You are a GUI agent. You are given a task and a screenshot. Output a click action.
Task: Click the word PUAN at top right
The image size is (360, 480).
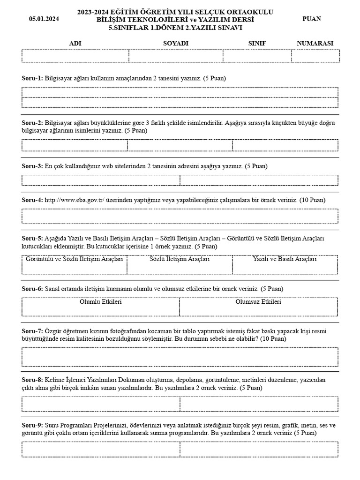(x=312, y=19)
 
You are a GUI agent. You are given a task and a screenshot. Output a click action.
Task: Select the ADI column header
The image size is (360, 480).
(x=75, y=43)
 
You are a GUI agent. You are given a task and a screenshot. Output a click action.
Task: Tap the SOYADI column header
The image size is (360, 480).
(x=175, y=43)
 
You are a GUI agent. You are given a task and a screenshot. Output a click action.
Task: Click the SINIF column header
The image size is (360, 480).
(x=257, y=43)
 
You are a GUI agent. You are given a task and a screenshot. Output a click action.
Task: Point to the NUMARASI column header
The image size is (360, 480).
(x=315, y=43)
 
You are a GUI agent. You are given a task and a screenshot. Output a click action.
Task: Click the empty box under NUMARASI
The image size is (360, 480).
(x=315, y=56)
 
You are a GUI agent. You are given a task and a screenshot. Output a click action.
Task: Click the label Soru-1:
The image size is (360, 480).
(x=32, y=78)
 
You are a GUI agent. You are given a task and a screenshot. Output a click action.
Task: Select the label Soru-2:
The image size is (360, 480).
(x=32, y=122)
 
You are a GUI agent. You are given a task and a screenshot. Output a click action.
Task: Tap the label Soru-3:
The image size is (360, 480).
(x=32, y=166)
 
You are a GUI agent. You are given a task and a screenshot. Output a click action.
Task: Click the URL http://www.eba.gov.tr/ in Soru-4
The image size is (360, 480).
(x=75, y=200)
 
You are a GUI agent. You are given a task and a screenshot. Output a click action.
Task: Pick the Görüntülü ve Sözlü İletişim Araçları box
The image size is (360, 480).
(x=75, y=264)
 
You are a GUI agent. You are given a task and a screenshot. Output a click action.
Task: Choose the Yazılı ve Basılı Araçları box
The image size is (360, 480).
(x=285, y=264)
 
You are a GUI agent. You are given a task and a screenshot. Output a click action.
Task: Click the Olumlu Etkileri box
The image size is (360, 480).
(x=100, y=307)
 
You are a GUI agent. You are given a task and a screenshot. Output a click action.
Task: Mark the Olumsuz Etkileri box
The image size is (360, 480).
(x=258, y=307)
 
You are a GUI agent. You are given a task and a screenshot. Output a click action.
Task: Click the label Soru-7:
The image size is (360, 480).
(x=32, y=331)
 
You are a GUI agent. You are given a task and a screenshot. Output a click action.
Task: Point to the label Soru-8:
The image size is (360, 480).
(x=32, y=380)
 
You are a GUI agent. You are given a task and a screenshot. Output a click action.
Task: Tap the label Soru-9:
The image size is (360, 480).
(x=32, y=425)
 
